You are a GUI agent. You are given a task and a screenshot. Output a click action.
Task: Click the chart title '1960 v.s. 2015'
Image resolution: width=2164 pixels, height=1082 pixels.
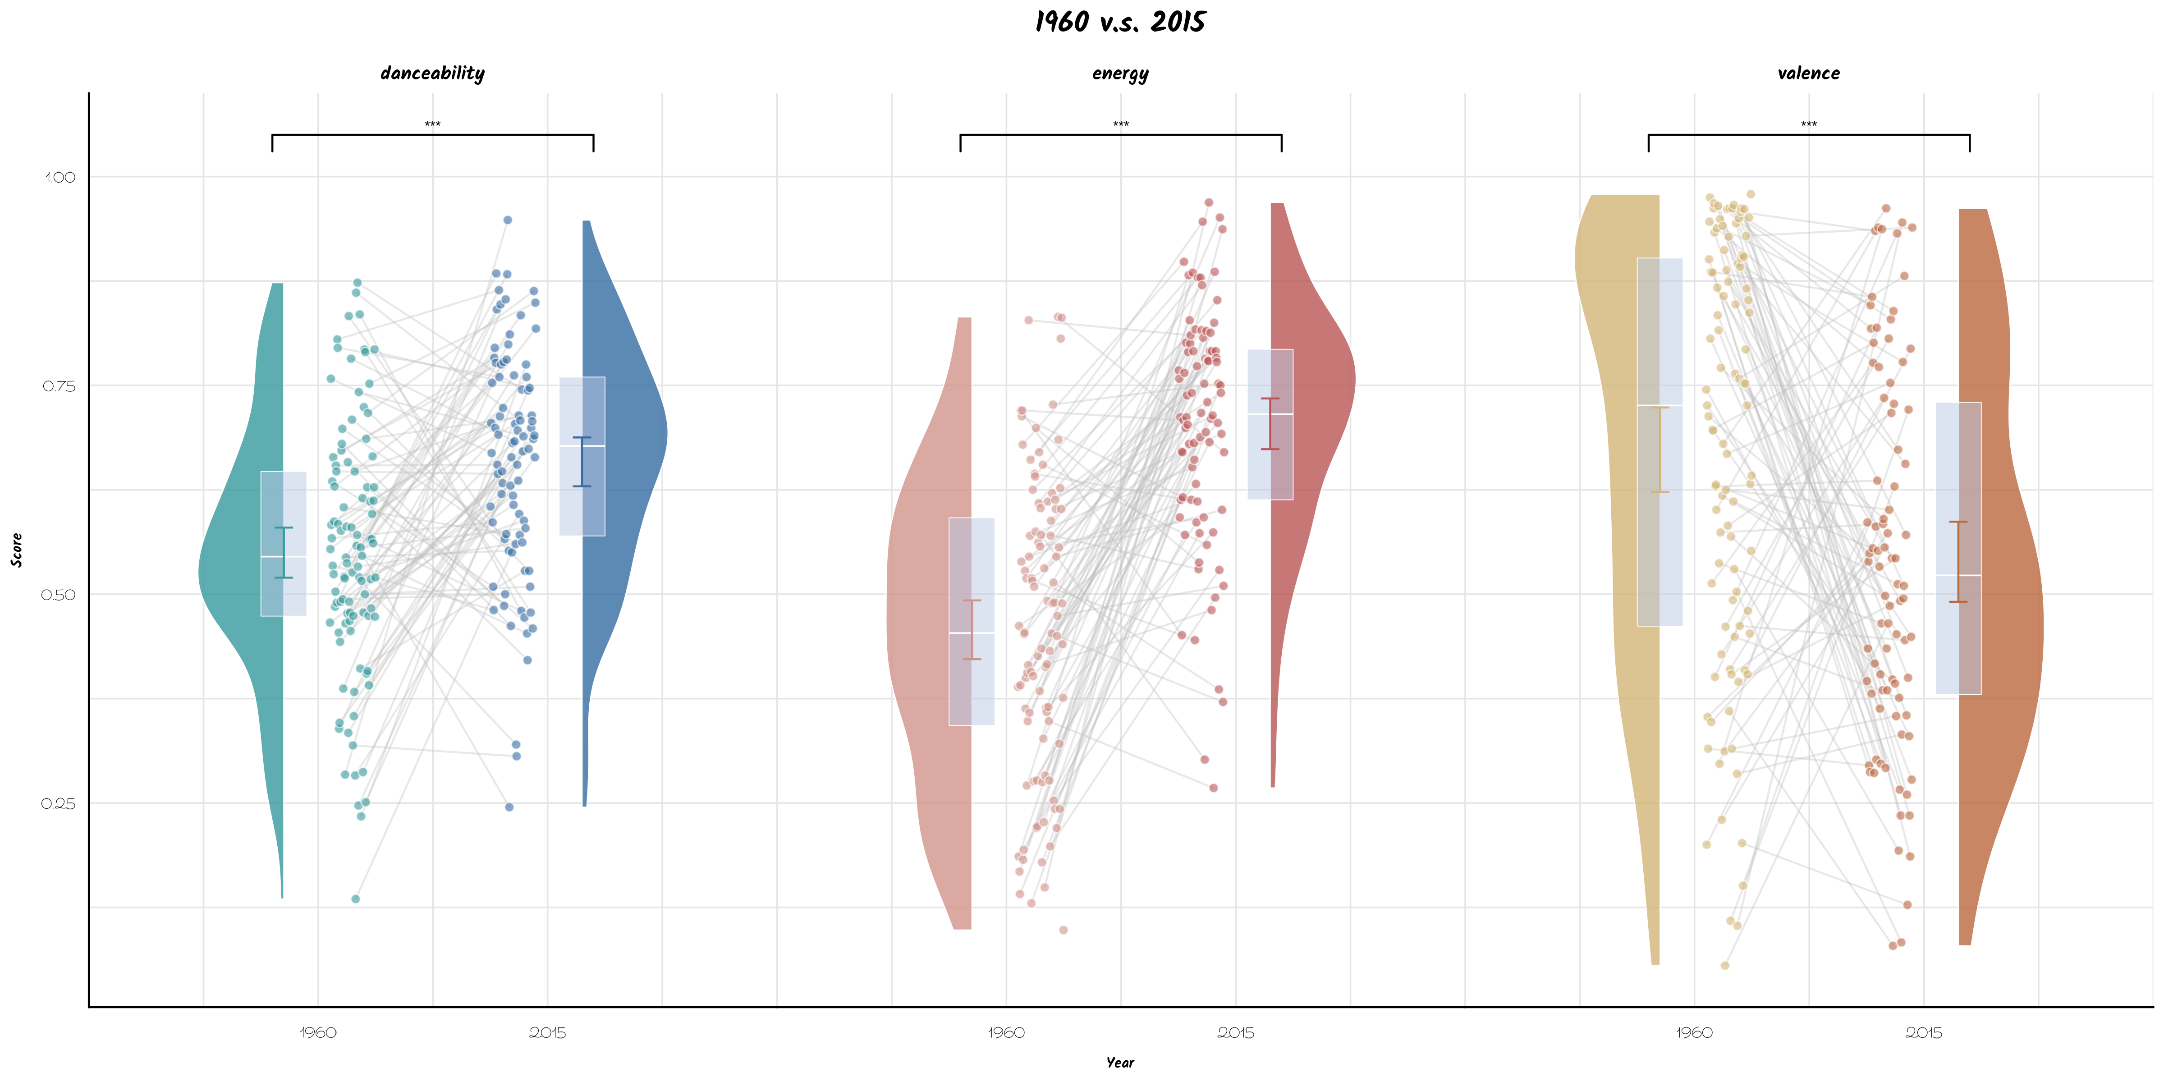[1120, 22]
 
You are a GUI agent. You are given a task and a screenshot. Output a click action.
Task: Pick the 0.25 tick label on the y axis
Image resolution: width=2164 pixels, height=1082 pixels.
[59, 804]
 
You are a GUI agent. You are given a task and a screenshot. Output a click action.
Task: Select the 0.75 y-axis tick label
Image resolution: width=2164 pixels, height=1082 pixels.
[59, 386]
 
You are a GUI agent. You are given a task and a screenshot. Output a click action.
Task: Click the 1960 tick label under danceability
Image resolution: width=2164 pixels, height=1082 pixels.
[317, 1032]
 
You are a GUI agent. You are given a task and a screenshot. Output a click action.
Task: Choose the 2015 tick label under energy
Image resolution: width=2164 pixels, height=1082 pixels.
[1235, 1032]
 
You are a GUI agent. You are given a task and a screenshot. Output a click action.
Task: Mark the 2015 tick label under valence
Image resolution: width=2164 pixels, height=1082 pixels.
[1923, 1032]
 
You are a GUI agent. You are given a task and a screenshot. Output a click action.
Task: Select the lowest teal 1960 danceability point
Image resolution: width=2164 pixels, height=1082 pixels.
[355, 899]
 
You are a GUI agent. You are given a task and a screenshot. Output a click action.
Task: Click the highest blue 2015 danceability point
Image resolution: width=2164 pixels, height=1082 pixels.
[507, 220]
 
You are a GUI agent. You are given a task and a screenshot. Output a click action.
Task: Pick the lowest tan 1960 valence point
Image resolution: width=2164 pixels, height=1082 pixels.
[1724, 965]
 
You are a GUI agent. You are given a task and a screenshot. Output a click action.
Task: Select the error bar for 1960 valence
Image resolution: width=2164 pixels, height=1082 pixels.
[1660, 449]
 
